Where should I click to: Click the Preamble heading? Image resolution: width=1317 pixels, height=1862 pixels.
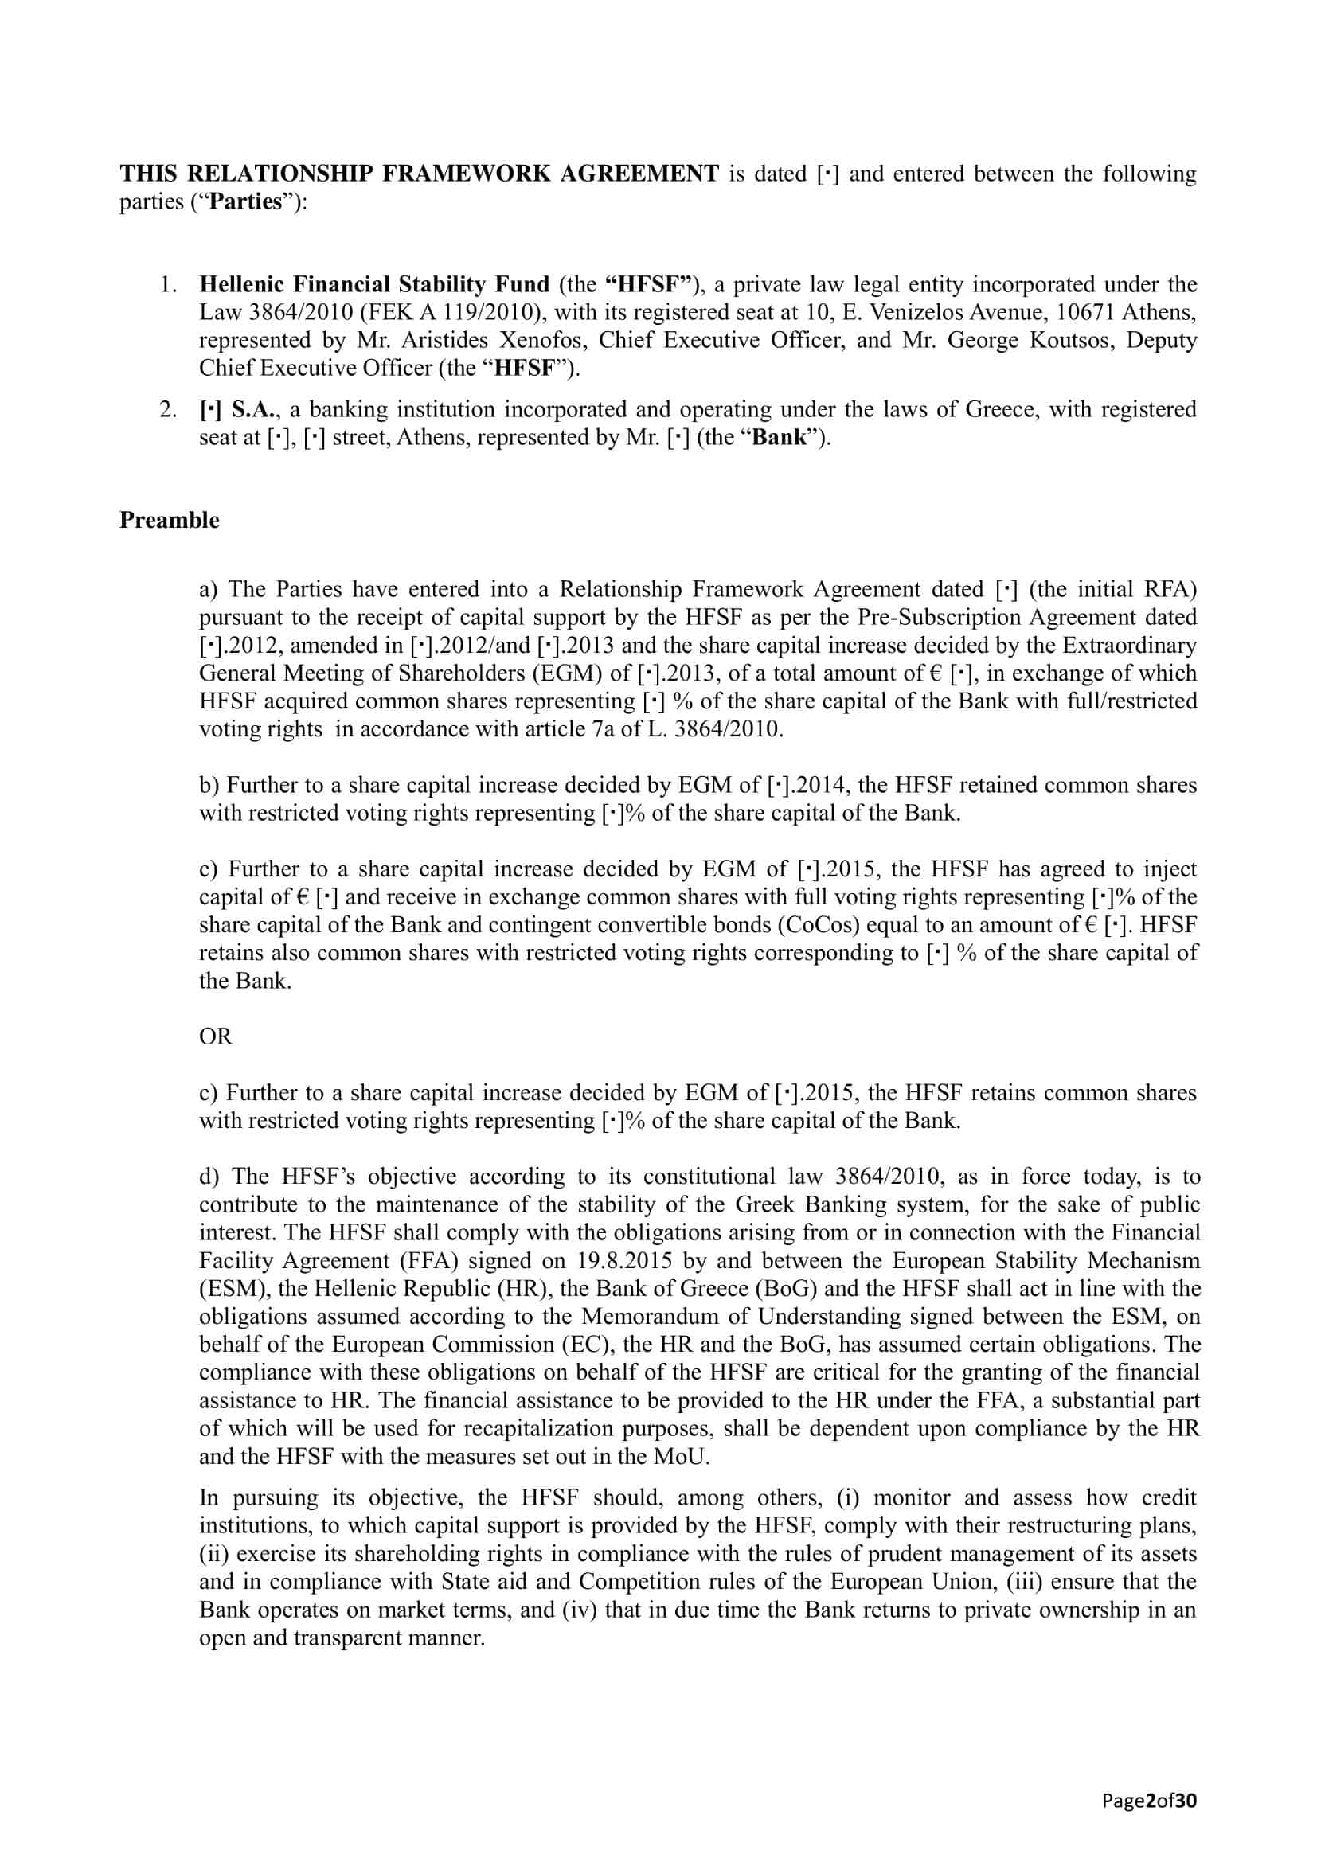[169, 520]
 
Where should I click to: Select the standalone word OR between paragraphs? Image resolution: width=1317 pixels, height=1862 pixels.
[216, 1036]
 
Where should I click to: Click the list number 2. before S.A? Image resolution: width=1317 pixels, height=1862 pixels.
[168, 409]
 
